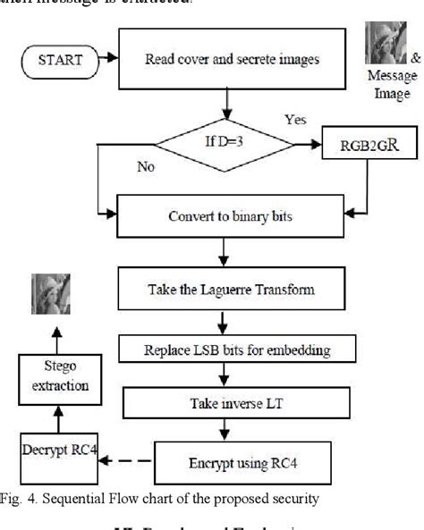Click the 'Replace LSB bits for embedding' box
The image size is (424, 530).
(x=230, y=345)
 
